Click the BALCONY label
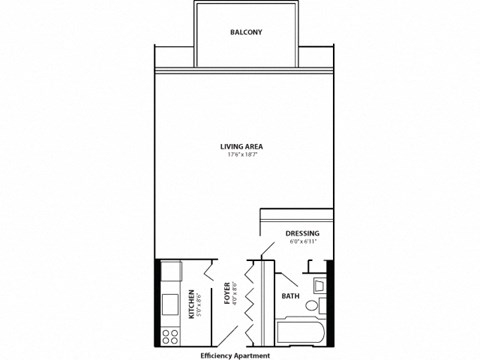(245, 32)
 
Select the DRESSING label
(302, 233)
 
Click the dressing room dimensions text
(302, 242)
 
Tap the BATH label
(289, 296)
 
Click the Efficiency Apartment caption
(239, 354)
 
